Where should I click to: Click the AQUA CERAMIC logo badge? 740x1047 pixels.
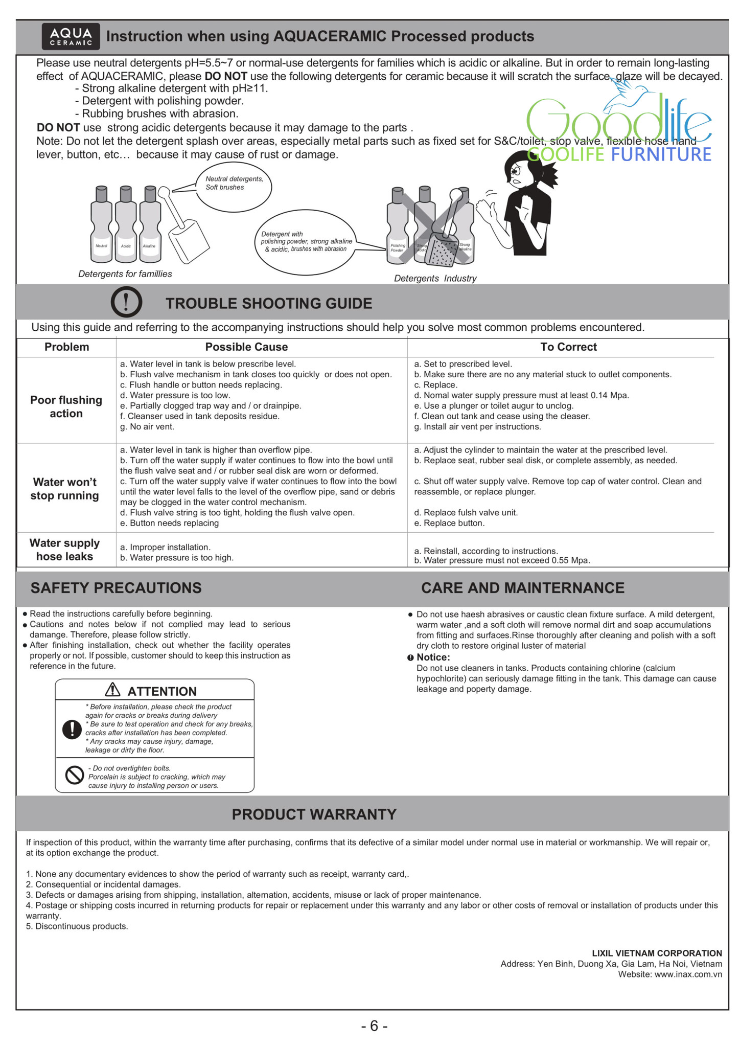pos(71,36)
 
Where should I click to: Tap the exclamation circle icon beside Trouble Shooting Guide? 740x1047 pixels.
pos(126,302)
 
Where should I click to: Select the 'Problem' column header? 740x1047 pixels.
pos(66,347)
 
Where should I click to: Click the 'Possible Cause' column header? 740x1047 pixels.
pos(246,347)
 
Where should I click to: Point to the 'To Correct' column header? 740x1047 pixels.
pos(568,347)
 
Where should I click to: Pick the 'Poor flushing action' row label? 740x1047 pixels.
pos(66,407)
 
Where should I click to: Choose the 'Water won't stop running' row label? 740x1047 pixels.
pos(64,489)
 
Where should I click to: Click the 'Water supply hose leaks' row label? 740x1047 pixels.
pos(64,550)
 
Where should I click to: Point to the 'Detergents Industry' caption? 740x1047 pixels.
pos(435,279)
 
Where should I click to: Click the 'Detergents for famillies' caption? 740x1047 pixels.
pos(125,274)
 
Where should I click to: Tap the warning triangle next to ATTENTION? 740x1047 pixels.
pos(112,690)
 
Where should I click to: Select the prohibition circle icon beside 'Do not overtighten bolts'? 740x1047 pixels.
pos(75,775)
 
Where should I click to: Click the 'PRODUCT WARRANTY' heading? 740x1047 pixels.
pos(314,814)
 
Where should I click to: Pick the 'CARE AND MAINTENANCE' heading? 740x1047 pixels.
pos(522,588)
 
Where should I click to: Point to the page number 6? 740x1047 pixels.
pos(374,1026)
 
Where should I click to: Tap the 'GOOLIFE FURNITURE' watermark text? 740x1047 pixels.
pos(619,154)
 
